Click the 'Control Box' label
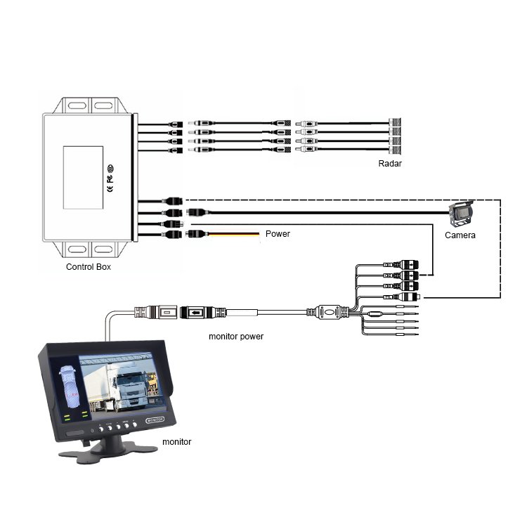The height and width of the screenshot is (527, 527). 88,267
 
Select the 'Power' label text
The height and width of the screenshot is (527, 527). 278,234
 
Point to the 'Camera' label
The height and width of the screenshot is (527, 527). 460,235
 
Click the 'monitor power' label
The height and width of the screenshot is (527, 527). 236,337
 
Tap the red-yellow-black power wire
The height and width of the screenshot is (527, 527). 232,234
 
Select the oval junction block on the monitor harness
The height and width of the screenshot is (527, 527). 328,311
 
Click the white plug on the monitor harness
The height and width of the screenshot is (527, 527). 411,298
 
